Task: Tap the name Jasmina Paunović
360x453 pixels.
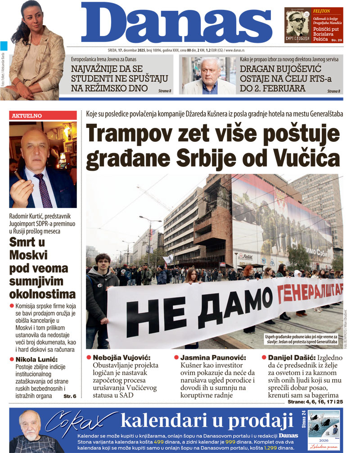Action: coord(213,358)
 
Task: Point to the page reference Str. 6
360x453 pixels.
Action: coord(70,396)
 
